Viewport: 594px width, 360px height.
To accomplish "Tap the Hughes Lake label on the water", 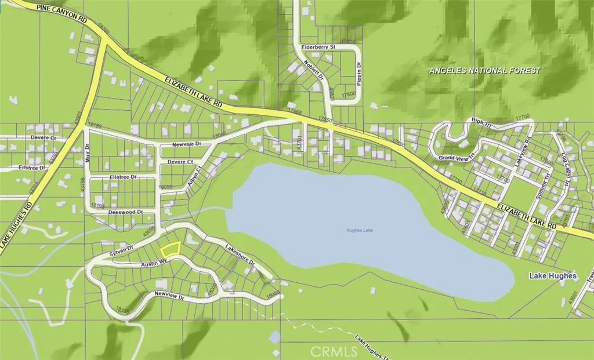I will tap(360, 231).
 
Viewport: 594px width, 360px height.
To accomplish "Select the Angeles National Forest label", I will tap(484, 71).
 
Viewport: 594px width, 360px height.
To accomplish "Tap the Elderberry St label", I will tap(319, 46).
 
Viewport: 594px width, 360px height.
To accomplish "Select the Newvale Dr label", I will tap(186, 144).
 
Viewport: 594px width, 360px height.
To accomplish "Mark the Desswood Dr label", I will tap(125, 213).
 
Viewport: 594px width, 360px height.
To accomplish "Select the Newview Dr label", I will tap(168, 296).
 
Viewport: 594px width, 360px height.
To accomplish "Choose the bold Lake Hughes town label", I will tap(552, 276).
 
